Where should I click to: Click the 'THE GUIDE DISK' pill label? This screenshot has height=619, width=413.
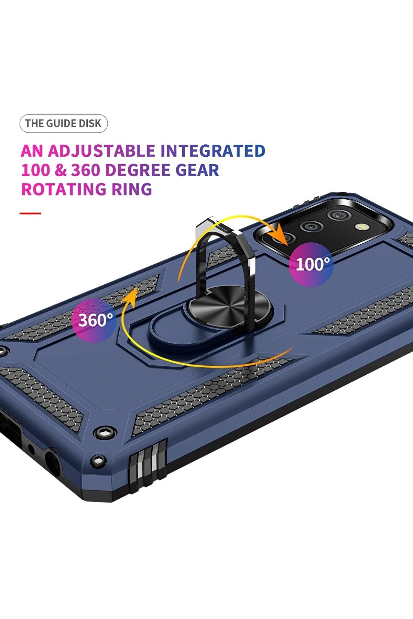pos(64,123)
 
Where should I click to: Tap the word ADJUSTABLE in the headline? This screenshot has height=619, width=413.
pos(101,151)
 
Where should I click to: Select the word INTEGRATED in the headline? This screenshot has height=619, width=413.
pos(213,151)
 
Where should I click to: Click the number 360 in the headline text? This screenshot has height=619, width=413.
pos(86,170)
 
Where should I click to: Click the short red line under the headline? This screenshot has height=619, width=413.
pos(30,213)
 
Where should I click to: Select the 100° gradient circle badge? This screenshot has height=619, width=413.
pos(311,264)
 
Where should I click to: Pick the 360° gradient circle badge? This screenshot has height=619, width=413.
pos(94,320)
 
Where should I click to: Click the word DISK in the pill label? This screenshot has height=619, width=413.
pos(90,123)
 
